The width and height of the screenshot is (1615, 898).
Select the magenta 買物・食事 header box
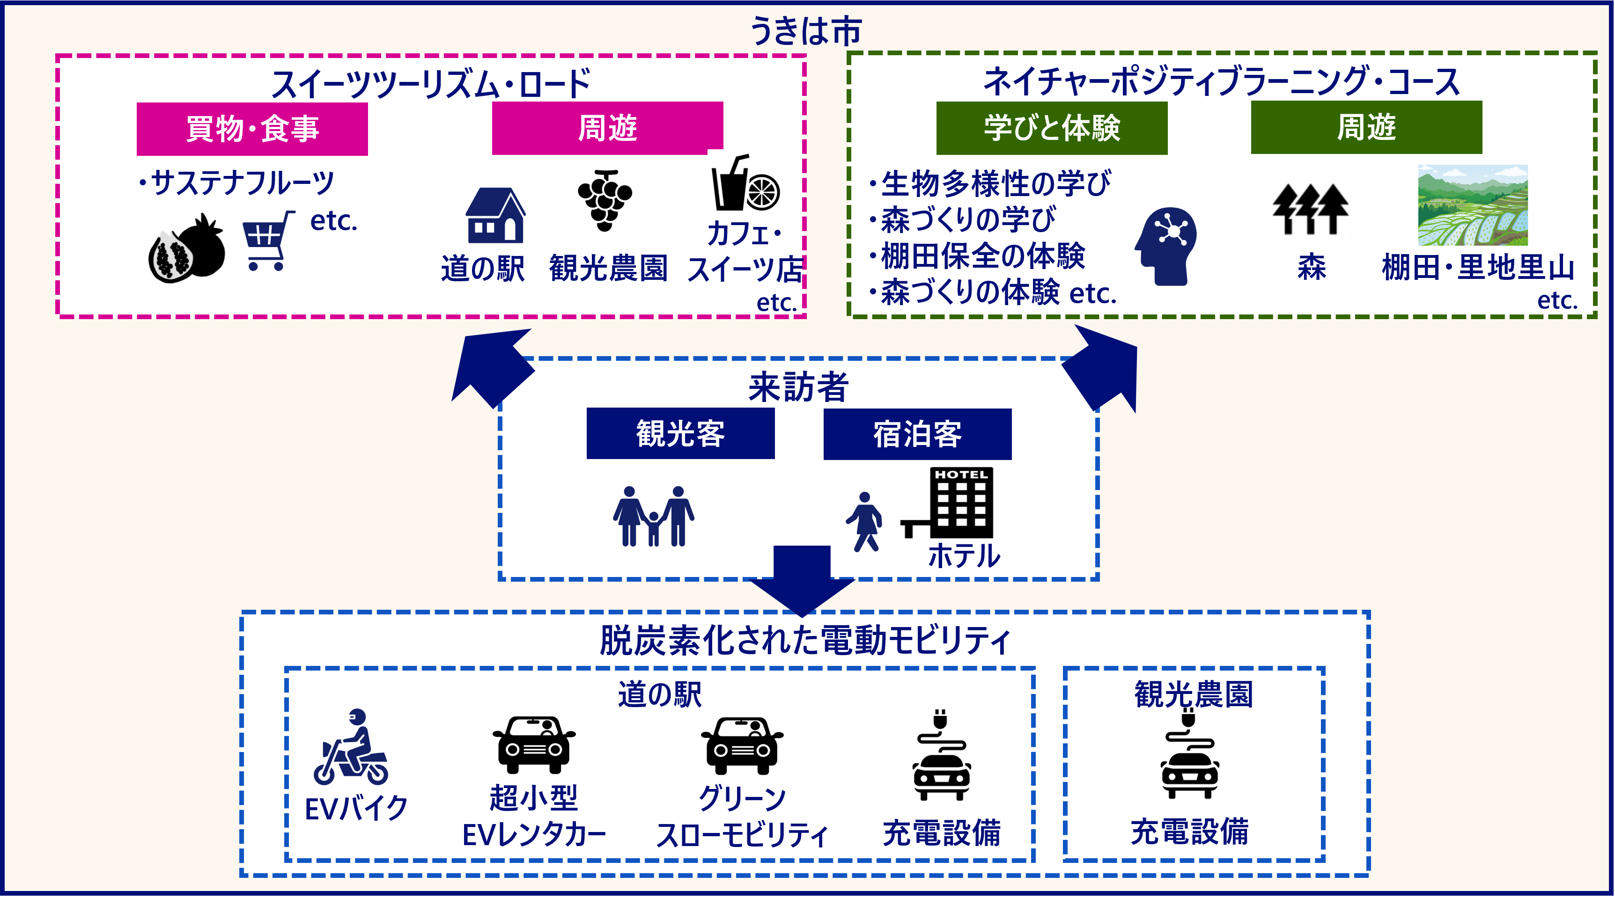(x=252, y=129)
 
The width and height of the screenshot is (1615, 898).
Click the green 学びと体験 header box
(x=1051, y=128)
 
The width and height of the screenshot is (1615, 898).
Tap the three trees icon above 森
(x=1310, y=209)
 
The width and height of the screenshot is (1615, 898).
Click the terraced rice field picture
(x=1472, y=205)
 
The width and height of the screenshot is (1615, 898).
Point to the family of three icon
(x=653, y=516)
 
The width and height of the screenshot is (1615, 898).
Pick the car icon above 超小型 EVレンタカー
(x=533, y=744)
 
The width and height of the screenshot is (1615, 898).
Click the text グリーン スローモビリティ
(x=742, y=816)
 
